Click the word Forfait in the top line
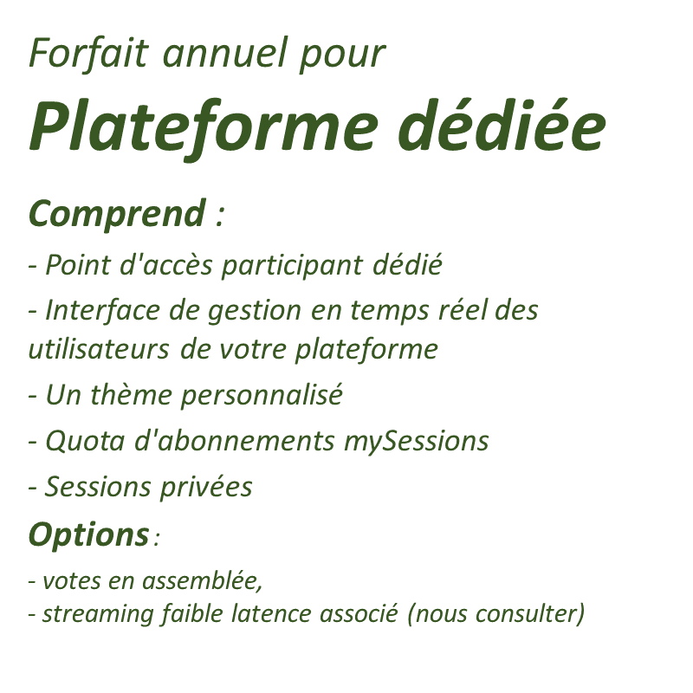pos(88,53)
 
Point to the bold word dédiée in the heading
pos(502,124)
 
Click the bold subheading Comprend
pos(117,215)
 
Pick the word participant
pos(292,267)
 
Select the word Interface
pos(102,309)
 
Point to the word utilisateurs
pos(99,348)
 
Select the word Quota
pos(85,441)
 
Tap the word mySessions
pos(417,442)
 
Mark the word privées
pos(206,488)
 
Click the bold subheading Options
pos(89,535)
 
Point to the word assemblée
pos(202,580)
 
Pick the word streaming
pos(98,615)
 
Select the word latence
pos(271,613)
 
